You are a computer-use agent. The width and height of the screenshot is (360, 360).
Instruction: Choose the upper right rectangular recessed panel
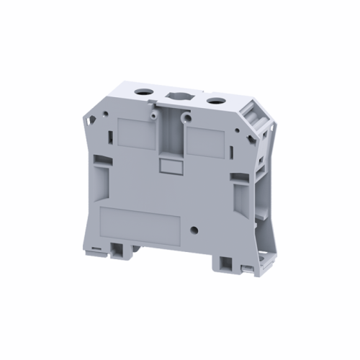pyautogui.click(x=210, y=137)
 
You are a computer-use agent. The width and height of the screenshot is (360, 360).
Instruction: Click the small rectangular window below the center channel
pyautogui.click(x=171, y=167)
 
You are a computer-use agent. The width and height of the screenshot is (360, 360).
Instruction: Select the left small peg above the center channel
pyautogui.click(x=153, y=114)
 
